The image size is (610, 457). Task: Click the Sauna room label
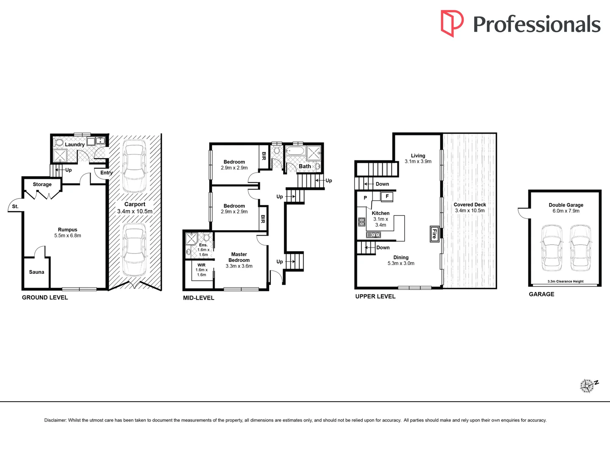(x=36, y=272)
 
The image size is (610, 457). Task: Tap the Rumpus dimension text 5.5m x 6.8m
(x=68, y=236)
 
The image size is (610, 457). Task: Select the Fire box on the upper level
(x=434, y=234)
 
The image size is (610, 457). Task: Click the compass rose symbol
(x=587, y=386)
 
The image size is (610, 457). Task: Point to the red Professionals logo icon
(x=452, y=23)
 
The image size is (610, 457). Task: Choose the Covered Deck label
(x=469, y=204)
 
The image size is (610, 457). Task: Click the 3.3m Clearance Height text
(x=565, y=281)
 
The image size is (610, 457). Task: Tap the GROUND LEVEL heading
(x=45, y=297)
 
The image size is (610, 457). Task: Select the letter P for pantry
(x=365, y=198)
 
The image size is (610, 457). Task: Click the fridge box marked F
(x=387, y=197)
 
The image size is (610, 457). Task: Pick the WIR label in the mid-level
(x=201, y=265)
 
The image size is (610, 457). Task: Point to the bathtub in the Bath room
(x=295, y=151)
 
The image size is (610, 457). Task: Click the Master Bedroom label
(x=239, y=257)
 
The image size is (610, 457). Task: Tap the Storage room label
(x=42, y=184)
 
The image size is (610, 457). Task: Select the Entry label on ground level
(x=106, y=173)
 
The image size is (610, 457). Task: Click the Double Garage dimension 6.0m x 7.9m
(x=566, y=211)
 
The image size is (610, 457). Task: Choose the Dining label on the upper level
(x=401, y=258)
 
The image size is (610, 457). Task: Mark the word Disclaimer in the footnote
(x=55, y=420)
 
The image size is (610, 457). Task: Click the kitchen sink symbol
(x=373, y=235)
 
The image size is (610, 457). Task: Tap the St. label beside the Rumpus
(x=15, y=206)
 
